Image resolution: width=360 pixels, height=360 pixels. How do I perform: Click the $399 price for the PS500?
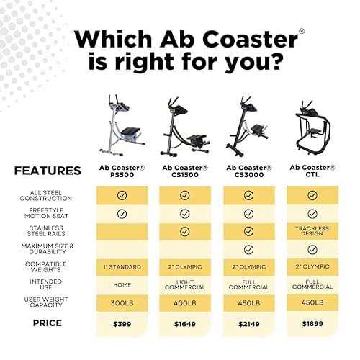(122, 324)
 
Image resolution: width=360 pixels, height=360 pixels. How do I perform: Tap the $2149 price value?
(249, 324)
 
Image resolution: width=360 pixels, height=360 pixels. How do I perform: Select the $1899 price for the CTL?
(312, 324)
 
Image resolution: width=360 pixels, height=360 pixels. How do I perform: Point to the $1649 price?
(185, 324)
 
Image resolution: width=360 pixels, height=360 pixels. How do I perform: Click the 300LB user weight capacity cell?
(122, 303)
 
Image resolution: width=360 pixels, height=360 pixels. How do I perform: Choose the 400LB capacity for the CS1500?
(185, 303)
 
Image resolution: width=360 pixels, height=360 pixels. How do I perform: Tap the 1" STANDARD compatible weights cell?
(122, 267)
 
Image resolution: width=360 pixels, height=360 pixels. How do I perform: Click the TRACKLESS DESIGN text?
(312, 231)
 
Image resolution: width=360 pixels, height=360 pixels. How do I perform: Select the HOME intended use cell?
(122, 285)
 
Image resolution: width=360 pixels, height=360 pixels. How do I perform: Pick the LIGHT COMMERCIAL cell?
(185, 284)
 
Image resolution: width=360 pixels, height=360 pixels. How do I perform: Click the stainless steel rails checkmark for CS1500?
(184, 231)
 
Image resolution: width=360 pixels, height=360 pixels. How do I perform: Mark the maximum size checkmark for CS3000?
(248, 250)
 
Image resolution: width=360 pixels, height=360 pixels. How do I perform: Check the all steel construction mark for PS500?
(122, 195)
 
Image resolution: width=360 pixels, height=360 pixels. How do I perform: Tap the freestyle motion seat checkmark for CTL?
(312, 214)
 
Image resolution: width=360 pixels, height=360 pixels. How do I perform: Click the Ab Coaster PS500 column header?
(122, 171)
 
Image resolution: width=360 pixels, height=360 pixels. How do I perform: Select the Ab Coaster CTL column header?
(312, 171)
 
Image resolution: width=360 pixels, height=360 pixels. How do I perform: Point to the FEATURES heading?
(48, 171)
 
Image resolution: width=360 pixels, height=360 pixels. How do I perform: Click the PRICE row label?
(48, 323)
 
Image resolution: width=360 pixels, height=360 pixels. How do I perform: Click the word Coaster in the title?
(252, 39)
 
